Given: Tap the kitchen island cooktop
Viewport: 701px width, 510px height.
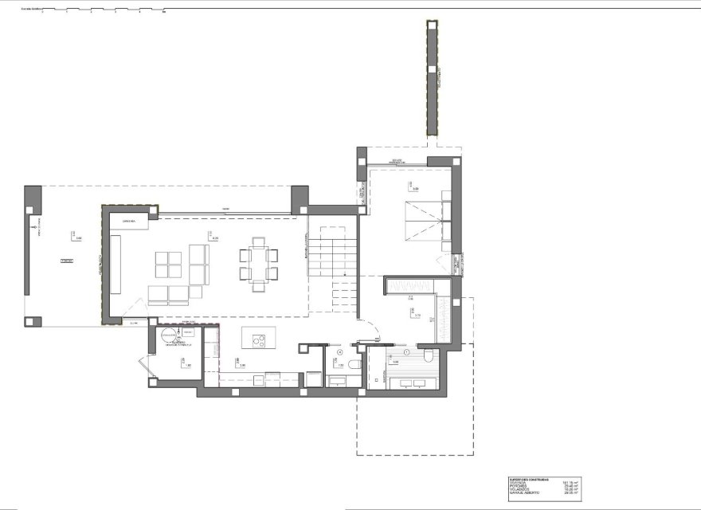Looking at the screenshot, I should [x=259, y=341].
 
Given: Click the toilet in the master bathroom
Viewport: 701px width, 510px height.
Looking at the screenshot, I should [x=428, y=356].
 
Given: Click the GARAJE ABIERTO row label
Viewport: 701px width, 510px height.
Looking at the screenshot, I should [x=524, y=495].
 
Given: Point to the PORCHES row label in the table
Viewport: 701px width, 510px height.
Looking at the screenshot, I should [x=518, y=487].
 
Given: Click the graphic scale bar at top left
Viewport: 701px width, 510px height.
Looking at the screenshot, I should [x=96, y=12].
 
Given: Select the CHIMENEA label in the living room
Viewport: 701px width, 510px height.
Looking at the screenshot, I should [x=129, y=219].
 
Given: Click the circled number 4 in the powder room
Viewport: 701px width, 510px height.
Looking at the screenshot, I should [x=340, y=351].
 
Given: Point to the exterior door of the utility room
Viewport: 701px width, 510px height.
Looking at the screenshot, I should [x=142, y=368].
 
